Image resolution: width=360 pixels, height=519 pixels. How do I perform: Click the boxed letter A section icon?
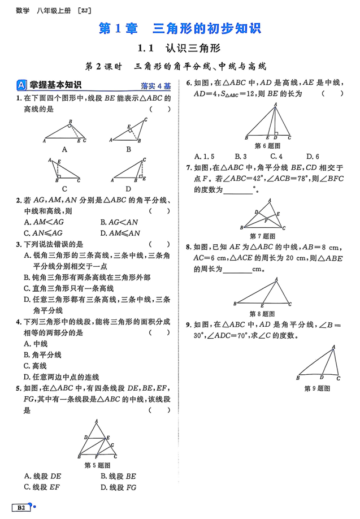pos(21,85)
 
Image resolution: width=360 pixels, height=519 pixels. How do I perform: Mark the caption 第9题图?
pos(317,388)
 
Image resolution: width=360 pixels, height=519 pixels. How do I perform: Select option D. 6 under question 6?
pos(313,157)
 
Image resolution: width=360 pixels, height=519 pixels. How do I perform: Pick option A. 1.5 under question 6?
pos(204,157)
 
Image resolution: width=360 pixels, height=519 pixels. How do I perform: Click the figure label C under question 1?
pos(64,189)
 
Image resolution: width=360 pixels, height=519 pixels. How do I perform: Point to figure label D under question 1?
pos(128,189)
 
